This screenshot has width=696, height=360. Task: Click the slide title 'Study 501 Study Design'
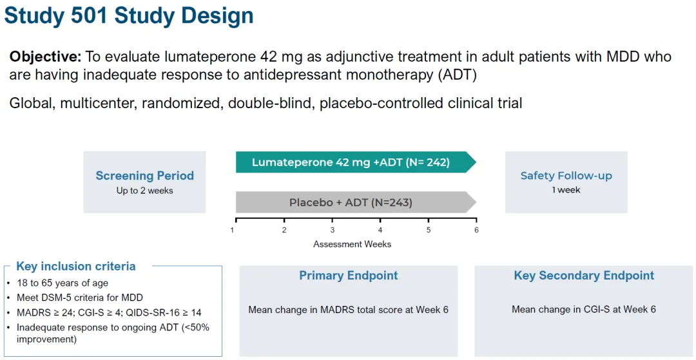[x=129, y=15]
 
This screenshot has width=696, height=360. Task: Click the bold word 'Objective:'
[x=45, y=57]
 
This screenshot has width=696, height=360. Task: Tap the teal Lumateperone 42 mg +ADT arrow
[x=351, y=162]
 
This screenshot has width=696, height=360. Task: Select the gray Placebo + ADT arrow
[x=351, y=202]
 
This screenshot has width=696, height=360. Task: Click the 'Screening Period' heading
[x=144, y=176]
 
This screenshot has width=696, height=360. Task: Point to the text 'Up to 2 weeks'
[x=144, y=191]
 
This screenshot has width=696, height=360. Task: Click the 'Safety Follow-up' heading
[x=566, y=176]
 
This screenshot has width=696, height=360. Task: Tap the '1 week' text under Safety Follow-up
[x=566, y=190]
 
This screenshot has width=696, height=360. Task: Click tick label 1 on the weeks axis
[x=232, y=230]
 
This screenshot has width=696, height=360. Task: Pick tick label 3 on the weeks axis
[x=333, y=230]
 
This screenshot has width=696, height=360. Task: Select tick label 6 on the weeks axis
[x=476, y=230]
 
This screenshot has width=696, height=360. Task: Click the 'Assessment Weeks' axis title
[x=352, y=244]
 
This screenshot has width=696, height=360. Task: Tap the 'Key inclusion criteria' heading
[x=76, y=267]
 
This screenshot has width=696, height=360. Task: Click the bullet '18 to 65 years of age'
[x=63, y=283]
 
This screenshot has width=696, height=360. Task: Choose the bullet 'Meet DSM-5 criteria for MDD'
[x=80, y=298]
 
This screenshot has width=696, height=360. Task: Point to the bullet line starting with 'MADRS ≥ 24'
[x=109, y=312]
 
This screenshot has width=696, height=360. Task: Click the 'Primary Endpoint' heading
[x=349, y=276]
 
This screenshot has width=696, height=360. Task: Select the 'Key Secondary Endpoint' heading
[x=584, y=276]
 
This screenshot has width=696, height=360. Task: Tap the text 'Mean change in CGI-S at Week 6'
[x=584, y=310]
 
